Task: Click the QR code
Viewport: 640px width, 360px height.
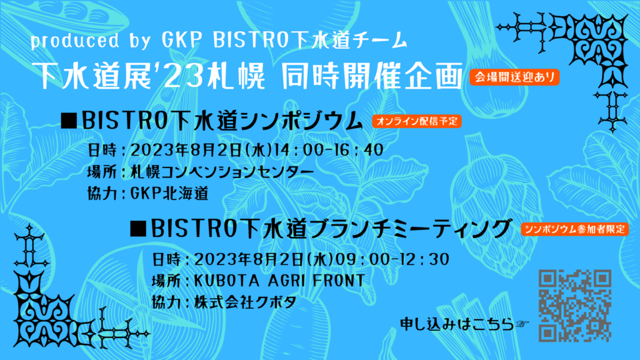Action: coord(575,305)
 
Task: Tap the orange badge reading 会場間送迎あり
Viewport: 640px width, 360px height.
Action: coord(514,77)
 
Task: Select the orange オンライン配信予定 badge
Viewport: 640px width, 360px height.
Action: coord(417,121)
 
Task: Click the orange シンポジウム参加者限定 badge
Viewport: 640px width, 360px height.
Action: coord(575,229)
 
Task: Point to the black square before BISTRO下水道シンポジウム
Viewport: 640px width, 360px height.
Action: coord(69,121)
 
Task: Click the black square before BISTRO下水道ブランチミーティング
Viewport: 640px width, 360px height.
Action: coord(138,229)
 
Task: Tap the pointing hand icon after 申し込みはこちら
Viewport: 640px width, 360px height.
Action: coord(522,324)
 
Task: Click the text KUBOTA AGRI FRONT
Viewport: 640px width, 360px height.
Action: coord(279,281)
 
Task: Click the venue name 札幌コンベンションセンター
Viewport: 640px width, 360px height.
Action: coord(222,172)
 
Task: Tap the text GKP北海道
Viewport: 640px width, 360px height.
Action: coord(169,194)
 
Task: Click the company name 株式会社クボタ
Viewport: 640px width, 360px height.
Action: coord(245,302)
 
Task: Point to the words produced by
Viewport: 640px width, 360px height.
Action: coord(91,41)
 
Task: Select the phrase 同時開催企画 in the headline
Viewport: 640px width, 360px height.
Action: coord(372,76)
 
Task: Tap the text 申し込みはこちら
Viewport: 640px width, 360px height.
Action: coord(457,324)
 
